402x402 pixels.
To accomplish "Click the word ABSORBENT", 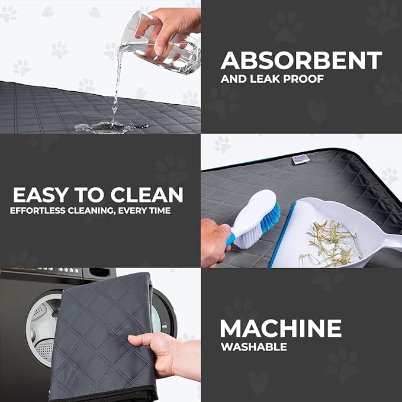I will tap(301, 60).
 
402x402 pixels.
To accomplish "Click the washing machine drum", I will tap(41, 323).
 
